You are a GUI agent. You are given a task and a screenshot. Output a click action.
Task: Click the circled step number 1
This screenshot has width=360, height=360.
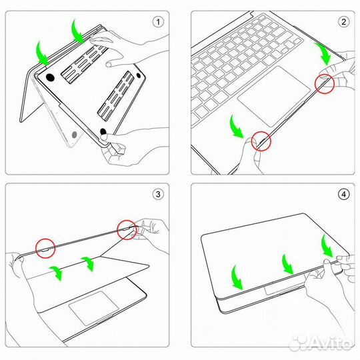pos(158,21)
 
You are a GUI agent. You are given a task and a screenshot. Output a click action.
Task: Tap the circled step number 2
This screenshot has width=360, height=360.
pos(344,21)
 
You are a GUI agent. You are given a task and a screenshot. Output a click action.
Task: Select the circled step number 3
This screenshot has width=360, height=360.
pos(158,195)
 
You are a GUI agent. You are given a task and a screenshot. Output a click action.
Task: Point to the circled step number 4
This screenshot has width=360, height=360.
pos(344,195)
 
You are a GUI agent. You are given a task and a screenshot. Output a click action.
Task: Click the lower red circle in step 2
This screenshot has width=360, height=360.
pos(261,141)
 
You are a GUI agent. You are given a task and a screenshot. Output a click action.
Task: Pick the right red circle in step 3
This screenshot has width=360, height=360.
pos(126,229)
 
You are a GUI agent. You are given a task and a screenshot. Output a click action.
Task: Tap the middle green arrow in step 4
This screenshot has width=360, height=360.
pos(287,263)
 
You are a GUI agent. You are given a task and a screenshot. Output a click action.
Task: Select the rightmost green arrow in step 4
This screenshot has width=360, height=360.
pos(327,245)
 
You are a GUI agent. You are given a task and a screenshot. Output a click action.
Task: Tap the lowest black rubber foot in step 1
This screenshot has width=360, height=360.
pos(103,130)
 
